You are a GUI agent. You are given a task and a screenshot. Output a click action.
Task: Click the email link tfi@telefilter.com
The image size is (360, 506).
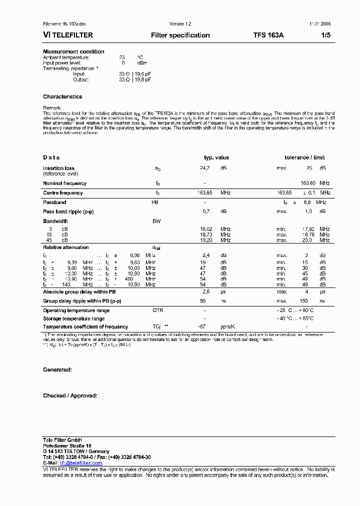[81, 463]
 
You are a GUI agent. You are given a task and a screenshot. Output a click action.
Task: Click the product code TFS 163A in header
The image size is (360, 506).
[268, 35]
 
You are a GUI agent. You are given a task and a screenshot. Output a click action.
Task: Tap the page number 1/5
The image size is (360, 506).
[325, 35]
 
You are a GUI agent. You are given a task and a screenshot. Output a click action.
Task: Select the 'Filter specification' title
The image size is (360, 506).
[180, 35]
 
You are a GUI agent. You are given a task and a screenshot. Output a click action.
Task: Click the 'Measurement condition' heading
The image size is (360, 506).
[73, 51]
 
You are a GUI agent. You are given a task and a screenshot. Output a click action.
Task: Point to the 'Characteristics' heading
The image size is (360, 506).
[62, 96]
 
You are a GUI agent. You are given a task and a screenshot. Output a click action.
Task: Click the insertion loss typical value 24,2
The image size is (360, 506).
[204, 168]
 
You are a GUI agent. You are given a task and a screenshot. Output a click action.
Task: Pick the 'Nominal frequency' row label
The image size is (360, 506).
[64, 183]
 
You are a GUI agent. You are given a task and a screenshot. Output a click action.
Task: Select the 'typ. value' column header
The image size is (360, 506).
[216, 157]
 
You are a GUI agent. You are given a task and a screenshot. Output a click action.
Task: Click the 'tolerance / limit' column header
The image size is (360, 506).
[304, 157]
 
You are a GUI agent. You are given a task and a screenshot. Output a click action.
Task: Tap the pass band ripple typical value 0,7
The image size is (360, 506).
[205, 212]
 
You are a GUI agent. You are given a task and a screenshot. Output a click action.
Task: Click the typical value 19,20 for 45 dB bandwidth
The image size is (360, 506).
[206, 240]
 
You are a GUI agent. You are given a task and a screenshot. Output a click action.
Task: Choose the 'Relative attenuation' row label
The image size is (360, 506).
[66, 247]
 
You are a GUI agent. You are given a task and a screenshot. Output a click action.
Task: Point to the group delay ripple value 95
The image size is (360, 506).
[203, 301]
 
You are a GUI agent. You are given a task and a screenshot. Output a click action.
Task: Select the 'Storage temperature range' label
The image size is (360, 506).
[73, 318]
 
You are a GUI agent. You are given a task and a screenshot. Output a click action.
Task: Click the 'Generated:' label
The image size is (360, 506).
[57, 369]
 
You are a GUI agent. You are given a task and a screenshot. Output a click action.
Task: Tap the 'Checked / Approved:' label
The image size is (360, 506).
[70, 395]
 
